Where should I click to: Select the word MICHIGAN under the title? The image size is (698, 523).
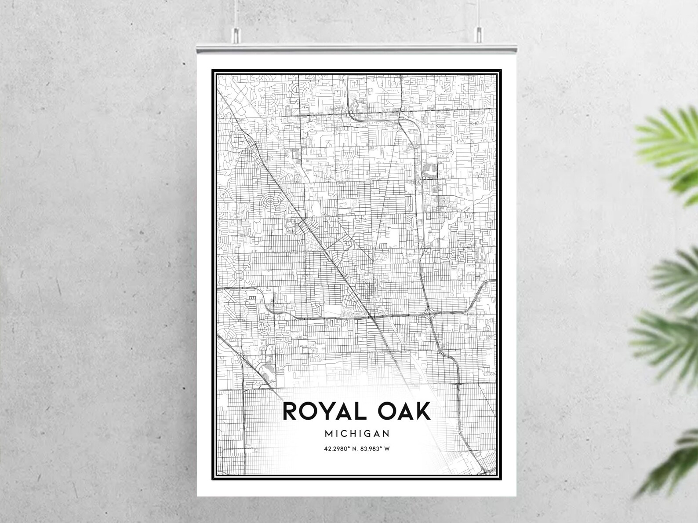357,433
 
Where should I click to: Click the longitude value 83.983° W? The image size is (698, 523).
376,449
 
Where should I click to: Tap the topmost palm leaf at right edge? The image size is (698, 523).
668,132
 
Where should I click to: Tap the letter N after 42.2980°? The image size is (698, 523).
354,449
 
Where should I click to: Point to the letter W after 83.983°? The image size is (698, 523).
388,449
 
